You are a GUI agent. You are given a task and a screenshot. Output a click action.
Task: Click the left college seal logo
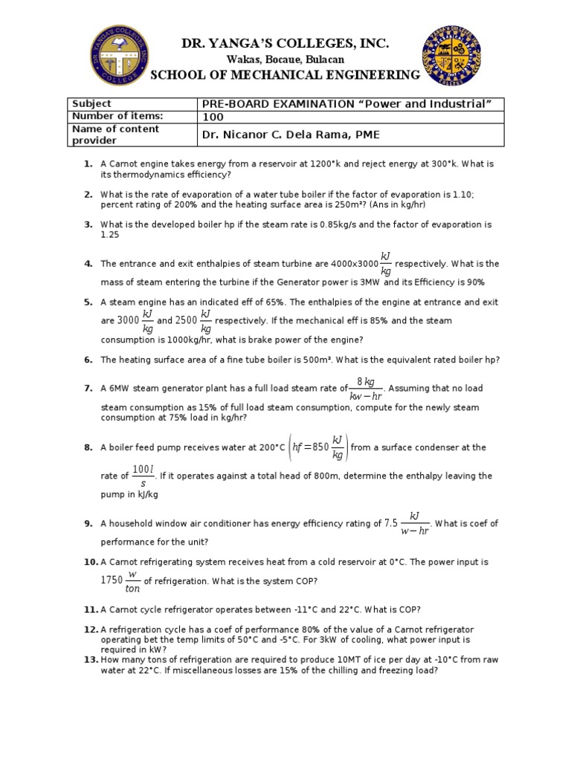pos(119,55)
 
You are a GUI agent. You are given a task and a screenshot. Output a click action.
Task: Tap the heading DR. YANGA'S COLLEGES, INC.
pos(285,45)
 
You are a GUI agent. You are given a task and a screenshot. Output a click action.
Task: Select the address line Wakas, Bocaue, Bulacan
pos(285,59)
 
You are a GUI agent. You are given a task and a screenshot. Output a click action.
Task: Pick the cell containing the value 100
pos(213,117)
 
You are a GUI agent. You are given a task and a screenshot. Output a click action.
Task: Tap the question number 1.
pos(88,163)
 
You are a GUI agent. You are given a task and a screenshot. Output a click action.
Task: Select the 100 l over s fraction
pos(142,476)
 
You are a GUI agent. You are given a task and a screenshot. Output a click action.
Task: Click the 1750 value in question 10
pos(113,581)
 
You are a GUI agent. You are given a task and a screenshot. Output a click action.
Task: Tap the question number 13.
pos(91,659)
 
